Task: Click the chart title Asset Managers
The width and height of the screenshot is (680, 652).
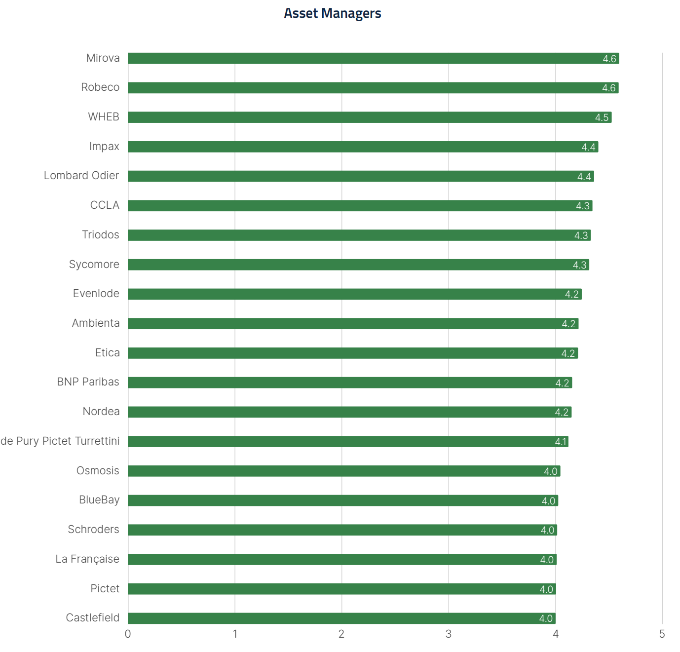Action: tap(332, 13)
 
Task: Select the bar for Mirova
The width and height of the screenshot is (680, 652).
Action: tap(373, 58)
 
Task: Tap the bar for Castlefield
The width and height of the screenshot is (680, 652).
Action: tap(341, 618)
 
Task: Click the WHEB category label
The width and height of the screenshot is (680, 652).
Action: tap(104, 117)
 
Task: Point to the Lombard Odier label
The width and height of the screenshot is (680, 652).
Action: tap(81, 176)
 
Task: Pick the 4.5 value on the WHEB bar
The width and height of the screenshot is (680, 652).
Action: tap(602, 117)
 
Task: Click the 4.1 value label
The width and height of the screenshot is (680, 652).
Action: tap(561, 442)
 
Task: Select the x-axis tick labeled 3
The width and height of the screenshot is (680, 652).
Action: tap(448, 634)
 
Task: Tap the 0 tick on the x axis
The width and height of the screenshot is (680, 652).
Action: tap(128, 634)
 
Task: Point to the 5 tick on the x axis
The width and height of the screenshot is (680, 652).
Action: tap(662, 634)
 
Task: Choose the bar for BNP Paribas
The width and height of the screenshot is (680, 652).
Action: tap(350, 383)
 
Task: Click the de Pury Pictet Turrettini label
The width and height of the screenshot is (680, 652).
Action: tap(60, 441)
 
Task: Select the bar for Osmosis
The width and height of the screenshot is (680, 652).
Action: tap(344, 471)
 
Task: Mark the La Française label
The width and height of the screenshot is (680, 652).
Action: tap(87, 559)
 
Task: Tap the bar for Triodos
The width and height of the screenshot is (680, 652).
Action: tap(359, 235)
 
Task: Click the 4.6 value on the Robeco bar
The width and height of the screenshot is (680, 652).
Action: tap(608, 88)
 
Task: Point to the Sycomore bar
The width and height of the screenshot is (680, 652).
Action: tap(358, 265)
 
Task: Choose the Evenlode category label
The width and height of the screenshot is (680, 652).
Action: tap(96, 294)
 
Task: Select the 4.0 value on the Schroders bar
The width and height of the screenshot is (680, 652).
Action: tap(547, 530)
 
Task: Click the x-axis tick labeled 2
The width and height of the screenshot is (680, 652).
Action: tap(341, 634)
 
